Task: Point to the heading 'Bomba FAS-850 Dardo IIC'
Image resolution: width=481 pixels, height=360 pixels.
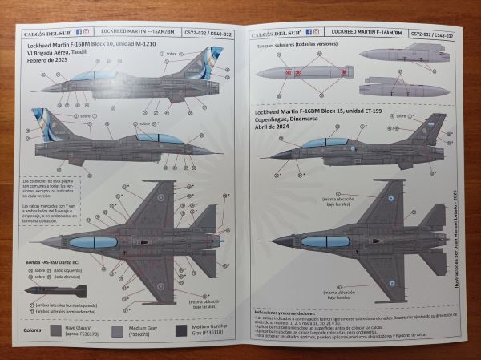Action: coord(55,262)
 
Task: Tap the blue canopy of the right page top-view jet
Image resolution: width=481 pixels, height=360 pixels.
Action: coord(324,240)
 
